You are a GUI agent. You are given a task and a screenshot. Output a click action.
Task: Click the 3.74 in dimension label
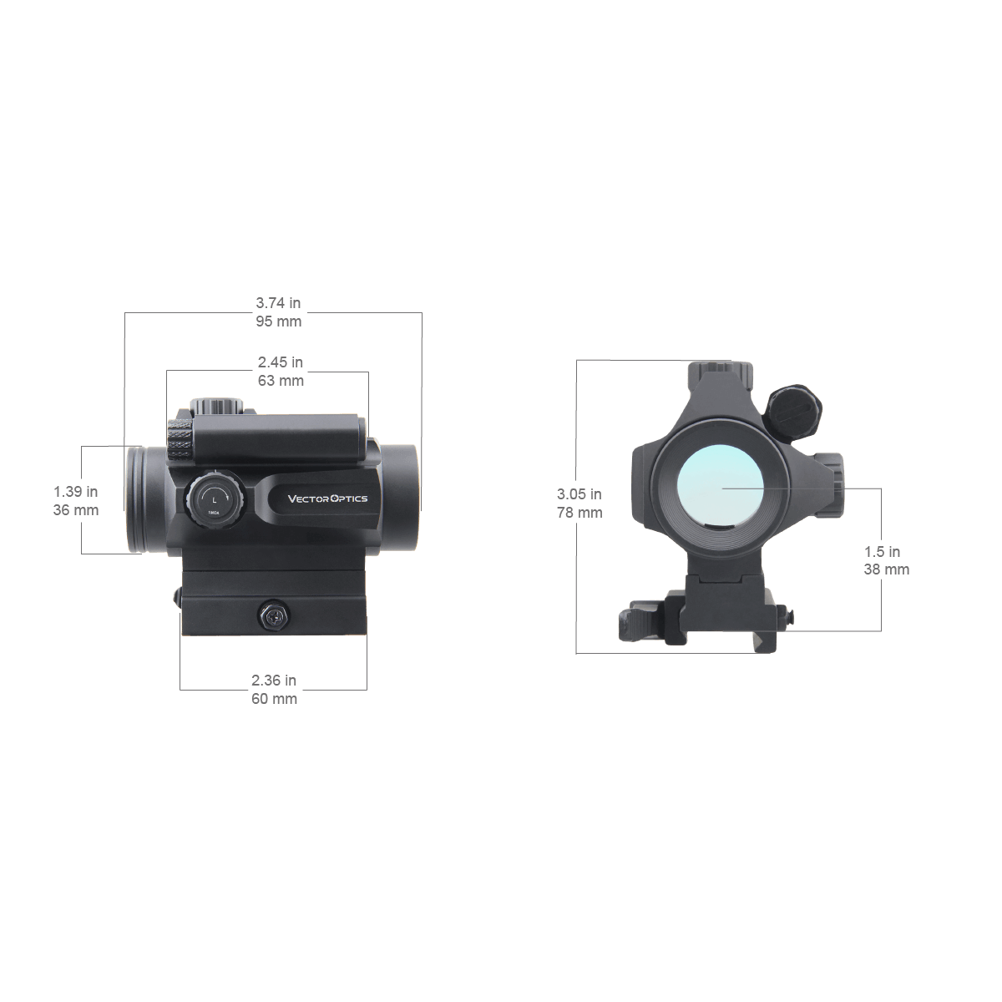pos(279,303)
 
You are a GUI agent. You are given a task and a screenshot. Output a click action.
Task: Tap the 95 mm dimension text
pos(279,321)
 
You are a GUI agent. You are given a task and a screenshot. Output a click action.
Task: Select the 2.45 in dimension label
pos(281,362)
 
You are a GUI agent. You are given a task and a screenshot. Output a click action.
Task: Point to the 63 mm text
pos(281,381)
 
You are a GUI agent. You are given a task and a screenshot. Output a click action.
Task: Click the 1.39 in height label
pos(76,492)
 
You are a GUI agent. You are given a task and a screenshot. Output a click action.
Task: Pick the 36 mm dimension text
pos(76,510)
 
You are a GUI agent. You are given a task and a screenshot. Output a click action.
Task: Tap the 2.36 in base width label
pos(274,681)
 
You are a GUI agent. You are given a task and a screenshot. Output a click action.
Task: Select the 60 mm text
pos(274,699)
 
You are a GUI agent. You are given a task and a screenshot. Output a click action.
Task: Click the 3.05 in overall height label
pos(579,494)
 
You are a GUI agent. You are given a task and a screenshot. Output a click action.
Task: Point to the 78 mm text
pos(579,513)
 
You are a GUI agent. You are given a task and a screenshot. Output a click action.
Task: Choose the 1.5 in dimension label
pos(883,551)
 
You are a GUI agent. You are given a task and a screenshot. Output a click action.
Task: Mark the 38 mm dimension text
pos(886,569)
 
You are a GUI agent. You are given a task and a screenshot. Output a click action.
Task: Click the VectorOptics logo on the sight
pos(327,498)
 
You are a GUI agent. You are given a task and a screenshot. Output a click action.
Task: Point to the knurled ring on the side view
pos(178,442)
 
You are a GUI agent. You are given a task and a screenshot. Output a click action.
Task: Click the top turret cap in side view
pos(214,406)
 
